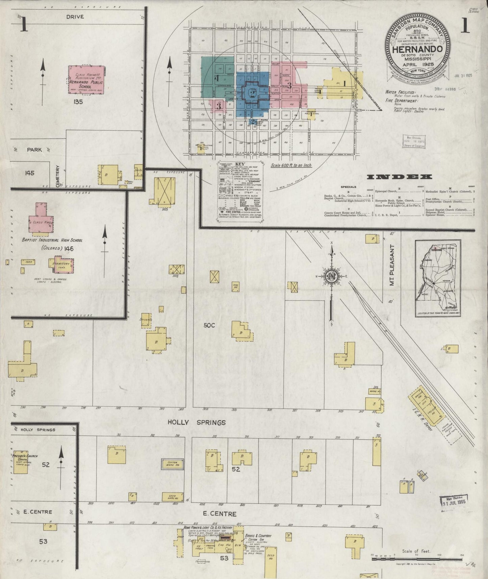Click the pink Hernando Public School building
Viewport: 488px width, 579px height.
pyautogui.click(x=86, y=79)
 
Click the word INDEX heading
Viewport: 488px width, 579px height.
pyautogui.click(x=399, y=177)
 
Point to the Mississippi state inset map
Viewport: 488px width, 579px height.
pyautogui.click(x=438, y=278)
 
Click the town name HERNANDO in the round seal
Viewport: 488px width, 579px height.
pyautogui.click(x=417, y=49)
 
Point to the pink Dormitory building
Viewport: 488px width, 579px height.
pyautogui.click(x=61, y=266)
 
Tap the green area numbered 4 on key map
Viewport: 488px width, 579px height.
pyautogui.click(x=217, y=78)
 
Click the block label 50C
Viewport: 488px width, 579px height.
pyautogui.click(x=209, y=325)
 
